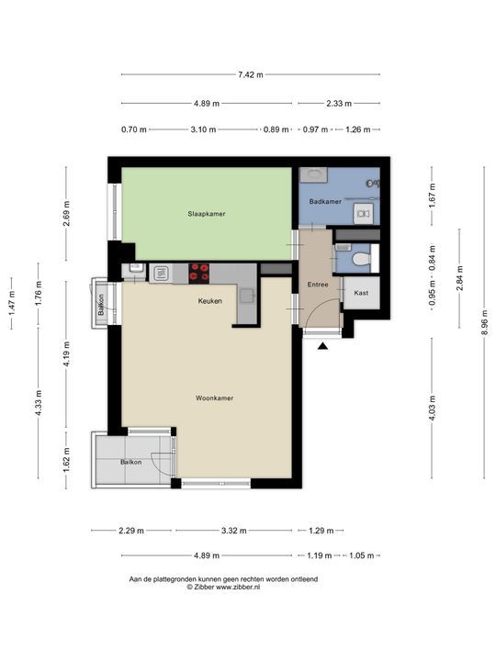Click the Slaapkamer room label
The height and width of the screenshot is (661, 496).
point(207,214)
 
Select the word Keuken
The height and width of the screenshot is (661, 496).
point(209,301)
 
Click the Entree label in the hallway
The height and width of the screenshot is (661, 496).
point(317,285)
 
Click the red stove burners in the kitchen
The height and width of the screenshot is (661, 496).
point(199,272)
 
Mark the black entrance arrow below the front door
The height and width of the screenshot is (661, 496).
point(322,345)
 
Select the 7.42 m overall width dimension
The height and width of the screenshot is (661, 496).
point(250,75)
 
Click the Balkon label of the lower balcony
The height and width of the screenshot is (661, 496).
point(131,462)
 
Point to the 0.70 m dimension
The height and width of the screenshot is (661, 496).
point(133,129)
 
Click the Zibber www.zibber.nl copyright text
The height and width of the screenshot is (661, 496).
point(223,587)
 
